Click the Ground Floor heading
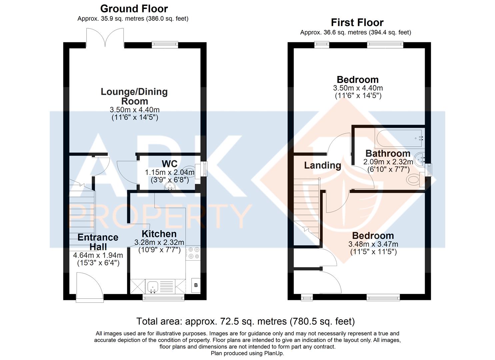tap(134, 9)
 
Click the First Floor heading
tap(357, 23)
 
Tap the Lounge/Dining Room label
tap(134, 96)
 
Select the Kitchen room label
tap(159, 234)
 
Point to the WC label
tap(169, 164)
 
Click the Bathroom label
tap(388, 153)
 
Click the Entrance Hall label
tap(98, 242)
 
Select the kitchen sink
tap(153, 287)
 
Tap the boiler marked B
tap(196, 285)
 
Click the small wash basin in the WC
tap(170, 187)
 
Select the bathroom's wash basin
tap(420, 160)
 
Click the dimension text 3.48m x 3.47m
tap(373, 244)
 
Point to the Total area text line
tap(245, 321)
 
